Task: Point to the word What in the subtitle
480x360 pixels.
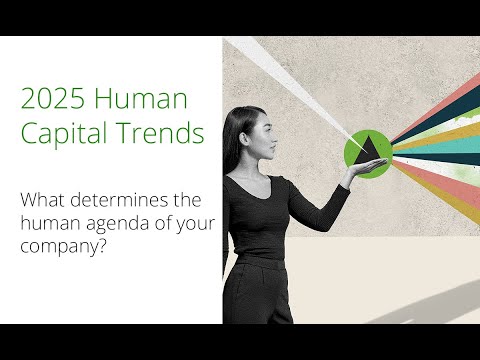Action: pos(41,198)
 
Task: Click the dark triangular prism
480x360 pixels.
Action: pos(369,149)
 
